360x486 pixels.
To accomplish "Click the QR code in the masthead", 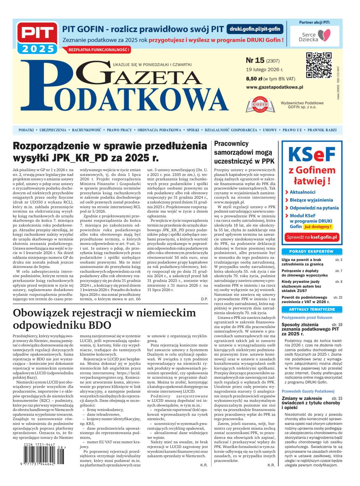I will [x=319, y=65].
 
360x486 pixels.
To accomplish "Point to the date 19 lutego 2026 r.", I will [x=264, y=69].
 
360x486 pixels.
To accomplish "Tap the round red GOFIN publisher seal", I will [x=260, y=104].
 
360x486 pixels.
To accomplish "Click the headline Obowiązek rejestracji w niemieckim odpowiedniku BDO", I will [x=104, y=318].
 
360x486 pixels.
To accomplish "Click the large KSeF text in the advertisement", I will [x=312, y=154].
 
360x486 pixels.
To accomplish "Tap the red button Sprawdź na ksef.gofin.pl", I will [x=312, y=237].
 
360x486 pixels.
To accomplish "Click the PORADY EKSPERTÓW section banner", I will [x=312, y=252].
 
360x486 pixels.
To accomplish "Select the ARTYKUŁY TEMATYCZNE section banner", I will [x=312, y=309].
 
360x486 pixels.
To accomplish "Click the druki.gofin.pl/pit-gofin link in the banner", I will [x=255, y=29].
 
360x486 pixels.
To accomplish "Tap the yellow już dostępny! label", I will [x=318, y=227].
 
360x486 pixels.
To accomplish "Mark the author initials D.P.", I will [x=204, y=299].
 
